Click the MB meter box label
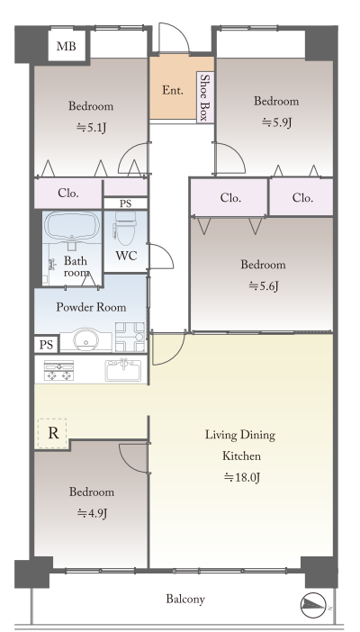coord(66,46)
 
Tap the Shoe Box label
coord(205,97)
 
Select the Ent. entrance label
coord(173,90)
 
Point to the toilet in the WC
coord(125,228)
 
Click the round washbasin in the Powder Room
coord(85,339)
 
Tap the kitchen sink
coord(123,370)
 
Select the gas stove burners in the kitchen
coord(58,370)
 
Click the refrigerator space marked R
coord(52,433)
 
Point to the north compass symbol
coord(313,605)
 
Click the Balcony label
coord(185,599)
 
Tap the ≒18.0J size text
coord(242,478)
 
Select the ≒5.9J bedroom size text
coord(276,122)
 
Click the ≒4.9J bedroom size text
coord(92,513)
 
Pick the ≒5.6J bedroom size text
coord(264,285)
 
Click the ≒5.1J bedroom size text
coord(92,128)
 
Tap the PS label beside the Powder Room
coord(47,345)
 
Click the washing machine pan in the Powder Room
coord(130,337)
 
